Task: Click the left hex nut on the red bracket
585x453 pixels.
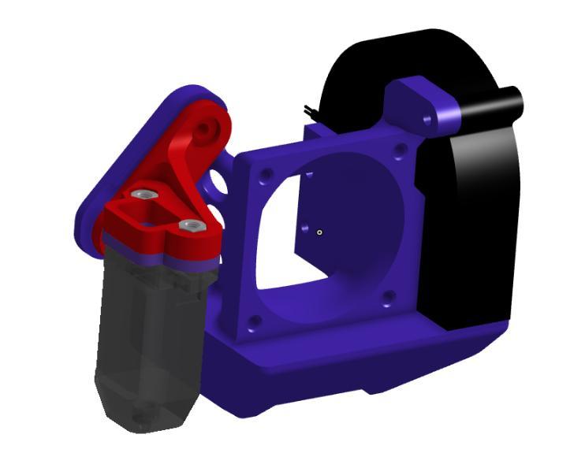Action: [143, 194]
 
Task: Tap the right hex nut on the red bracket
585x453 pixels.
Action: [189, 226]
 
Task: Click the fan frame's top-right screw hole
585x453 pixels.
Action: [402, 150]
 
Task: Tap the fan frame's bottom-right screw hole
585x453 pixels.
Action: [387, 298]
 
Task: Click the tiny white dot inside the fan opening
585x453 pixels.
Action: [319, 232]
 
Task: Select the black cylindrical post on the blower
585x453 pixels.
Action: [497, 103]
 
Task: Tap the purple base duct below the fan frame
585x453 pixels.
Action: [315, 370]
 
